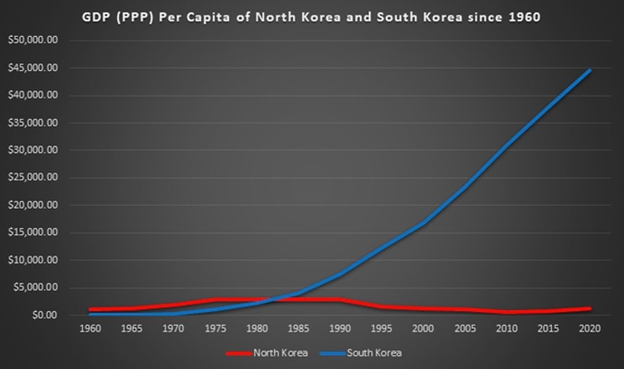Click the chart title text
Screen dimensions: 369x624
(x=312, y=17)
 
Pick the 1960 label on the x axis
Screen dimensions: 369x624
(x=91, y=329)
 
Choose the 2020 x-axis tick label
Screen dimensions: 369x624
(x=590, y=329)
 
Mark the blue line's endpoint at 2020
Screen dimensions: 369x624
(x=590, y=71)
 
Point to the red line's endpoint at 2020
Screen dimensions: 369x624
(x=590, y=309)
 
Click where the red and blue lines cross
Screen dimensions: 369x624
(x=272, y=300)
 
